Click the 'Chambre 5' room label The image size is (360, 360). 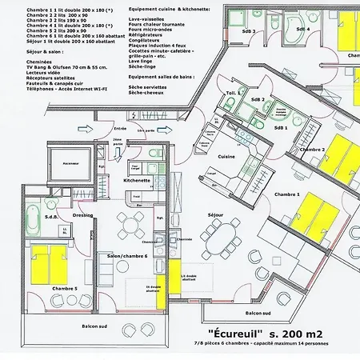pos(64,288)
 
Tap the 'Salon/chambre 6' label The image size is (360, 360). pos(124,255)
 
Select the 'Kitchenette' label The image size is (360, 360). pos(137,181)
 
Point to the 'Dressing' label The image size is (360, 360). pos(83,215)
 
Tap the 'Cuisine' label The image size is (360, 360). pos(226,157)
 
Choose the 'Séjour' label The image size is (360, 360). pos(214,215)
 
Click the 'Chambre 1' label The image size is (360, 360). pos(287,194)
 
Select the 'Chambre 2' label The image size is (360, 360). pos(311,150)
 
